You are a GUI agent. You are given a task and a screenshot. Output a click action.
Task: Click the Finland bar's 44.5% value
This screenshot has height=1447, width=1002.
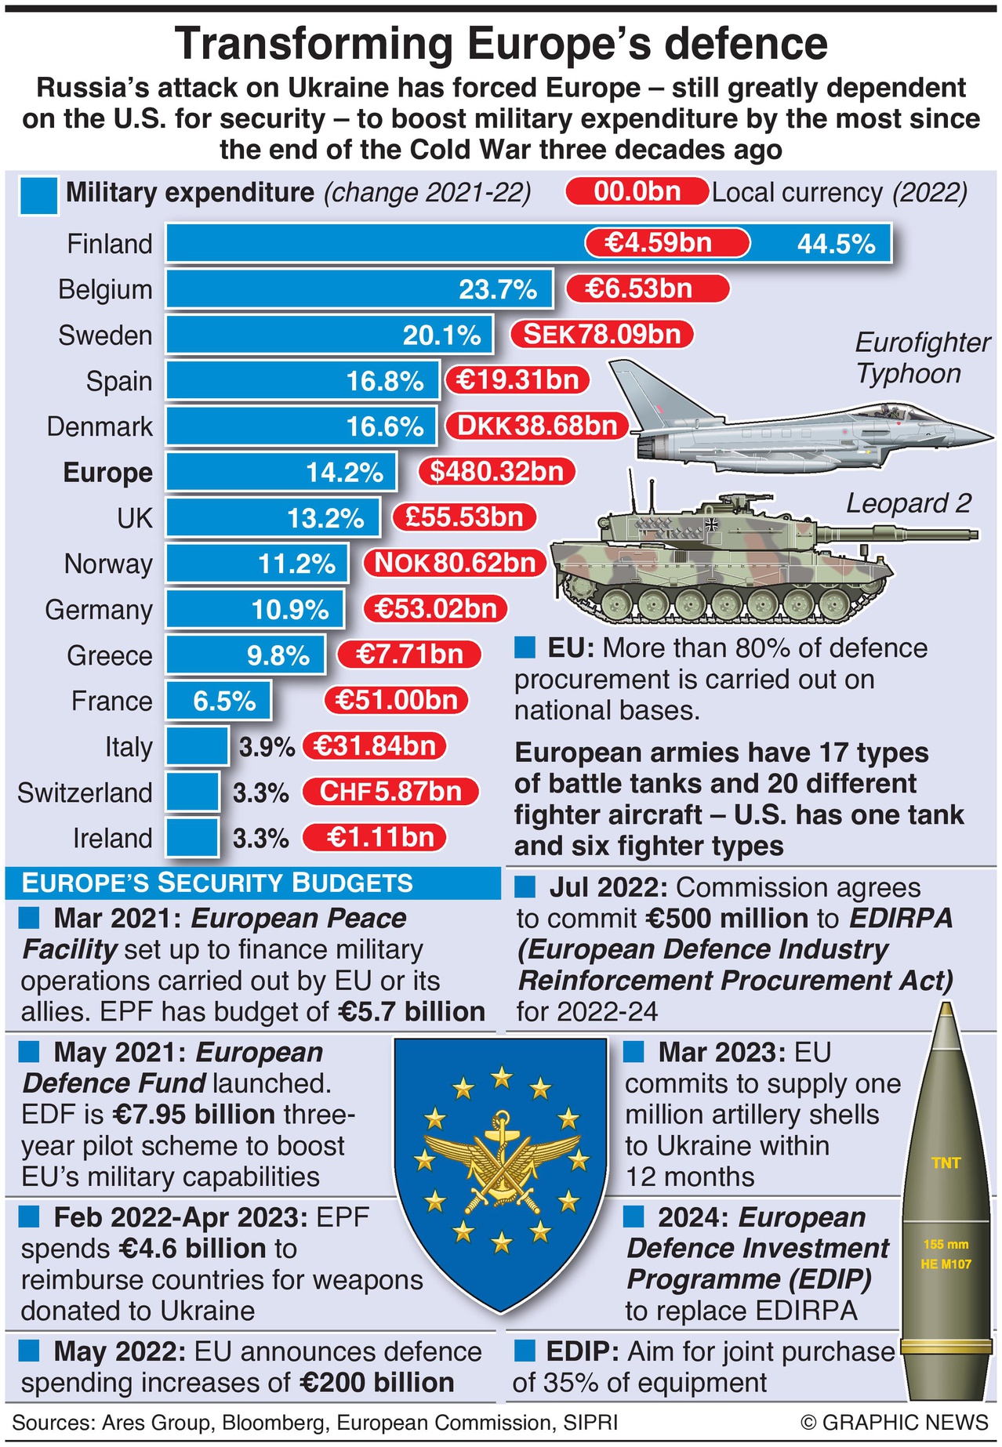[836, 244]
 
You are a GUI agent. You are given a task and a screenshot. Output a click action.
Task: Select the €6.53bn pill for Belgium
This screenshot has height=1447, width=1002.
[647, 288]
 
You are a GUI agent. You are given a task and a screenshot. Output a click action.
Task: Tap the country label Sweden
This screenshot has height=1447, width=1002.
[105, 335]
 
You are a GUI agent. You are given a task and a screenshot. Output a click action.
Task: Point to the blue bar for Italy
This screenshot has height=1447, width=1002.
[197, 746]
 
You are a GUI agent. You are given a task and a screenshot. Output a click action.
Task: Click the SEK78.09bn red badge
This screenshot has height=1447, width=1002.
[602, 335]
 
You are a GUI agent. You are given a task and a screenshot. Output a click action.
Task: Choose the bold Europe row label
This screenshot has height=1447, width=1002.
[107, 473]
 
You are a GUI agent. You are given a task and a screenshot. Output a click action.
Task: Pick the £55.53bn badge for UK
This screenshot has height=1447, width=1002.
[464, 517]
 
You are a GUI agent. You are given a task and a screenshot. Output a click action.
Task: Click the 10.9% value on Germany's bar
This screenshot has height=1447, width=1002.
[289, 609]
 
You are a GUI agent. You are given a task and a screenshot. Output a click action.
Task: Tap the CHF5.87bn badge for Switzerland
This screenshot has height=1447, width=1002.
[390, 792]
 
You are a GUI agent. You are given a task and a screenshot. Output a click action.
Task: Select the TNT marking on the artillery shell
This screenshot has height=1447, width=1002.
[946, 1163]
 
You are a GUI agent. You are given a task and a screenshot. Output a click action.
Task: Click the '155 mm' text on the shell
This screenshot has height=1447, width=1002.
[946, 1245]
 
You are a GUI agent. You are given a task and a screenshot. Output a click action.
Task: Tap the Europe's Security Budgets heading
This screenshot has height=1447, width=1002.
[217, 883]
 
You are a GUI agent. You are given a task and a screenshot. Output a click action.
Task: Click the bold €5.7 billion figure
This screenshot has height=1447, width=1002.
[412, 1012]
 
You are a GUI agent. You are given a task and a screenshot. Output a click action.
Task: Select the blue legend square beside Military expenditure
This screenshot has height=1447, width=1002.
[38, 195]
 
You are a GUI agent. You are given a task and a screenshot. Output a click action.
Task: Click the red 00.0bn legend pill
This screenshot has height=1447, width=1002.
[637, 192]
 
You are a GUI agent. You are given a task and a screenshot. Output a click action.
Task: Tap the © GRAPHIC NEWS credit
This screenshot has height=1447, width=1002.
[894, 1423]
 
